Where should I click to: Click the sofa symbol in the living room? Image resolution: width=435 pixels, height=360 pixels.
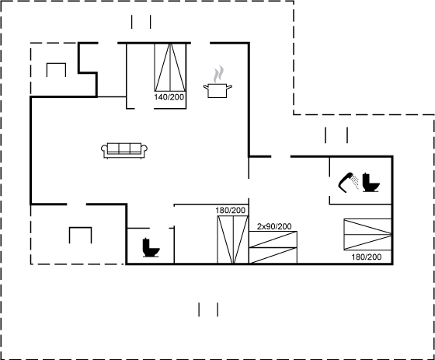(x=124, y=151)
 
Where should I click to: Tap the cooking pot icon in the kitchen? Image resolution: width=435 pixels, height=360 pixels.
(x=217, y=90)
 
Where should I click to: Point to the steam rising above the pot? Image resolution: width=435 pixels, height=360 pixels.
(x=218, y=74)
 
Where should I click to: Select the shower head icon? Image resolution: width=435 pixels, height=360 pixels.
(x=346, y=183)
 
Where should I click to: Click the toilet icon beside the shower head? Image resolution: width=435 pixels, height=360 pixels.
(x=371, y=183)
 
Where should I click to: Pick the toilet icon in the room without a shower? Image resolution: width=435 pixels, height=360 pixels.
(x=151, y=247)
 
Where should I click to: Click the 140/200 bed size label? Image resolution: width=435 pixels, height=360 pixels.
(x=169, y=97)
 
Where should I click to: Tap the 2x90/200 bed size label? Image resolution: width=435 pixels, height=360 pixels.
(x=274, y=227)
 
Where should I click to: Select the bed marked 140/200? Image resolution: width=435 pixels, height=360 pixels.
(x=170, y=67)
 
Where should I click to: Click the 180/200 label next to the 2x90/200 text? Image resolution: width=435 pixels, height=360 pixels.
(x=231, y=211)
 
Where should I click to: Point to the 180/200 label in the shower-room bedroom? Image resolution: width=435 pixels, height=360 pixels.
(x=367, y=257)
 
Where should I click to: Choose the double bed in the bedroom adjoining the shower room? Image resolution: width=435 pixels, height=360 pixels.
(x=367, y=235)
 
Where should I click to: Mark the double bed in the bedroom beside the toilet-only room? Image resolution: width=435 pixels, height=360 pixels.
(x=232, y=239)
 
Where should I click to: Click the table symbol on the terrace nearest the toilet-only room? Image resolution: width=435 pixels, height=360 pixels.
(x=81, y=235)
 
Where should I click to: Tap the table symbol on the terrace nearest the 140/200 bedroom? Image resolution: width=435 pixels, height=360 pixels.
(x=56, y=70)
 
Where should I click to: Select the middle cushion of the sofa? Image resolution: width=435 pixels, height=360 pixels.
(x=124, y=148)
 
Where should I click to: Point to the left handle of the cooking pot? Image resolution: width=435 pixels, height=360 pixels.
(x=206, y=87)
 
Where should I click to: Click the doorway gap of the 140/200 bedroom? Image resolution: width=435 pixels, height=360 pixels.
(x=144, y=108)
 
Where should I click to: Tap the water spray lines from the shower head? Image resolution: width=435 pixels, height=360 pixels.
(x=355, y=181)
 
